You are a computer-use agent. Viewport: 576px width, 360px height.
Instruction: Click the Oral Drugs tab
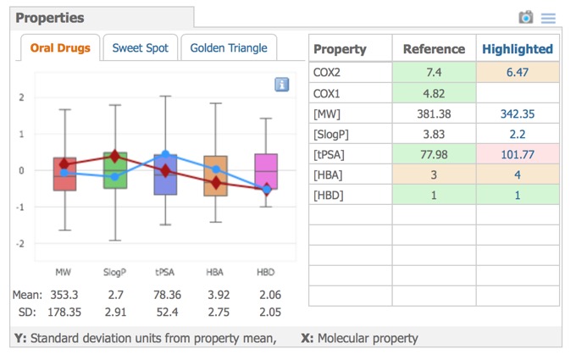point(60,48)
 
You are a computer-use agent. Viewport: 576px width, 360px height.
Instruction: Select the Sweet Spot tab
point(141,48)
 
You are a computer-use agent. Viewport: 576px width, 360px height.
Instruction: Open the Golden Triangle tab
point(228,48)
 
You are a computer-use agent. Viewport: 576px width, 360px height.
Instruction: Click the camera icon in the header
point(526,17)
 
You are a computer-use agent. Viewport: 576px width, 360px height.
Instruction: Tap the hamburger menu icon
point(548,18)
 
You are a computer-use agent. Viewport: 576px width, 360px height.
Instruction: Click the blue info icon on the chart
point(282,85)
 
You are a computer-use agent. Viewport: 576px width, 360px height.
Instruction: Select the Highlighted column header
point(517,49)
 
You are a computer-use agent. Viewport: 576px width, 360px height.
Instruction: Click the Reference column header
point(434,49)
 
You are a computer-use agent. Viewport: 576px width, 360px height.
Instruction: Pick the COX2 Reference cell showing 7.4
point(434,73)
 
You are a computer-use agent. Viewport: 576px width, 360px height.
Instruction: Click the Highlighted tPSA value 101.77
point(517,154)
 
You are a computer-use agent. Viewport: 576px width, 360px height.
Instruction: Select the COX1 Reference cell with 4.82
point(434,93)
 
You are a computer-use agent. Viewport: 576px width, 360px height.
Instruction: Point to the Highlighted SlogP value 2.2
point(517,134)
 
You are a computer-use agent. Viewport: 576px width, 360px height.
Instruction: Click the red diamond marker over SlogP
point(115,157)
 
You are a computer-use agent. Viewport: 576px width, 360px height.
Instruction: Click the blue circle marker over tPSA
point(166,155)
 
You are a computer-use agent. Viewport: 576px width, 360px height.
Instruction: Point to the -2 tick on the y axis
point(21,244)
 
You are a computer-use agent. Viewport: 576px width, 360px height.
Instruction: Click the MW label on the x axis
point(64,272)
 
